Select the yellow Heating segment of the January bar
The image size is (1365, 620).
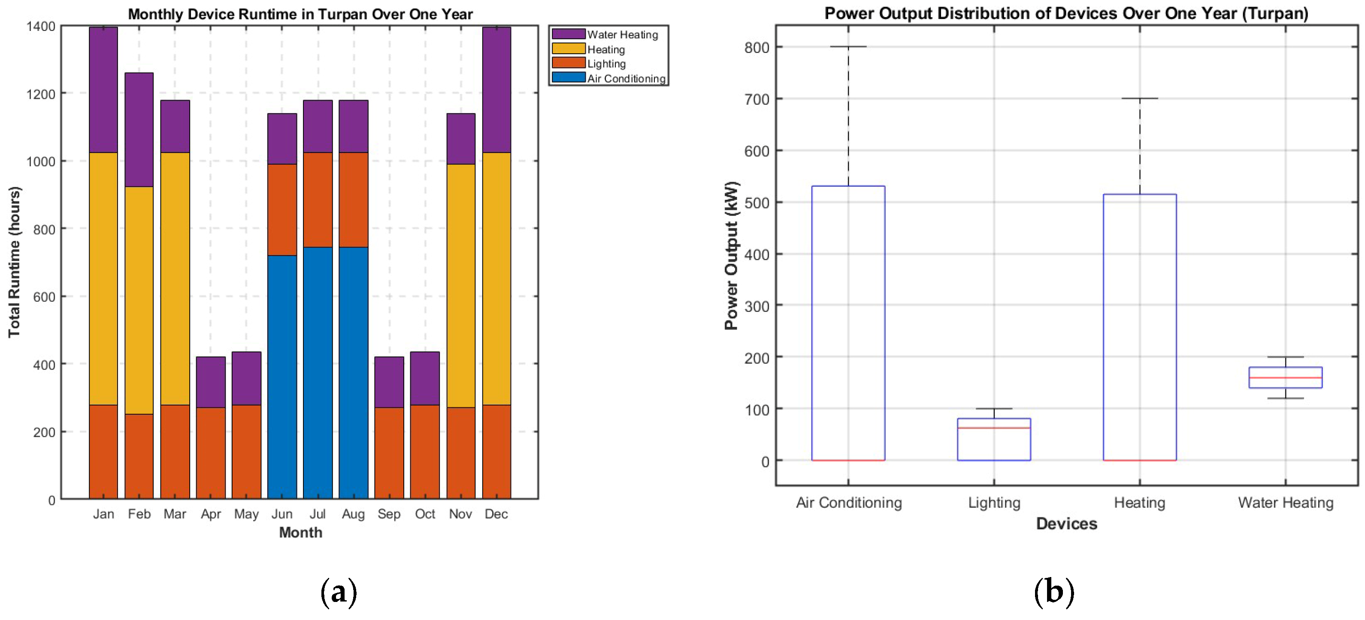(x=103, y=278)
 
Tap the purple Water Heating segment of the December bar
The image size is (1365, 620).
(x=496, y=90)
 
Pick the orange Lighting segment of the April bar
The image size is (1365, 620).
(x=210, y=453)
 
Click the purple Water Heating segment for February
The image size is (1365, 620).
(x=139, y=129)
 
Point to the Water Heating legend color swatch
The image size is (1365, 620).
(x=568, y=34)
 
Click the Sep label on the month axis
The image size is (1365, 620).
(x=389, y=514)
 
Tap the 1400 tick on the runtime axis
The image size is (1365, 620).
(x=41, y=26)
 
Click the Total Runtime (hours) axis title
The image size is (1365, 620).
(x=14, y=262)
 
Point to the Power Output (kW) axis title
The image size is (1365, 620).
(x=731, y=256)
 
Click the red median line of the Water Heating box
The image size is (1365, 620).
(x=1285, y=378)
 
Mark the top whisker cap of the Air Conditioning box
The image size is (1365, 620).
(x=848, y=47)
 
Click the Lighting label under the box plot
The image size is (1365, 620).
(x=994, y=502)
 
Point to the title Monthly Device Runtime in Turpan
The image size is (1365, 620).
(x=300, y=14)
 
